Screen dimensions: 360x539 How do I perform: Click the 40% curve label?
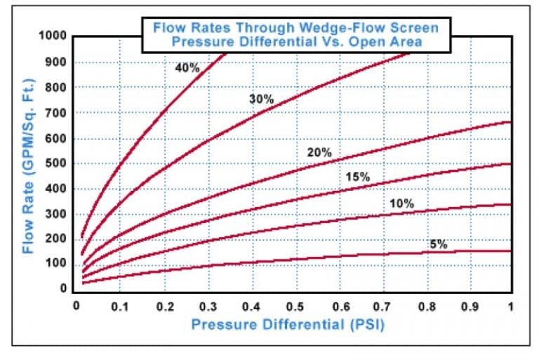pyautogui.click(x=188, y=68)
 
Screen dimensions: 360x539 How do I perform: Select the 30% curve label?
pyautogui.click(x=261, y=99)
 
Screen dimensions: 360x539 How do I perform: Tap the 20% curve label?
pyautogui.click(x=319, y=152)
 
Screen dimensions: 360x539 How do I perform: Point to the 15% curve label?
pyautogui.click(x=358, y=177)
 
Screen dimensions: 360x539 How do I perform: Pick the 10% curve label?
pyautogui.click(x=402, y=204)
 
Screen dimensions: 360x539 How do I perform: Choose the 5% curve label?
pyautogui.click(x=439, y=244)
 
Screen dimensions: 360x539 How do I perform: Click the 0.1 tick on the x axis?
pyautogui.click(x=121, y=306)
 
